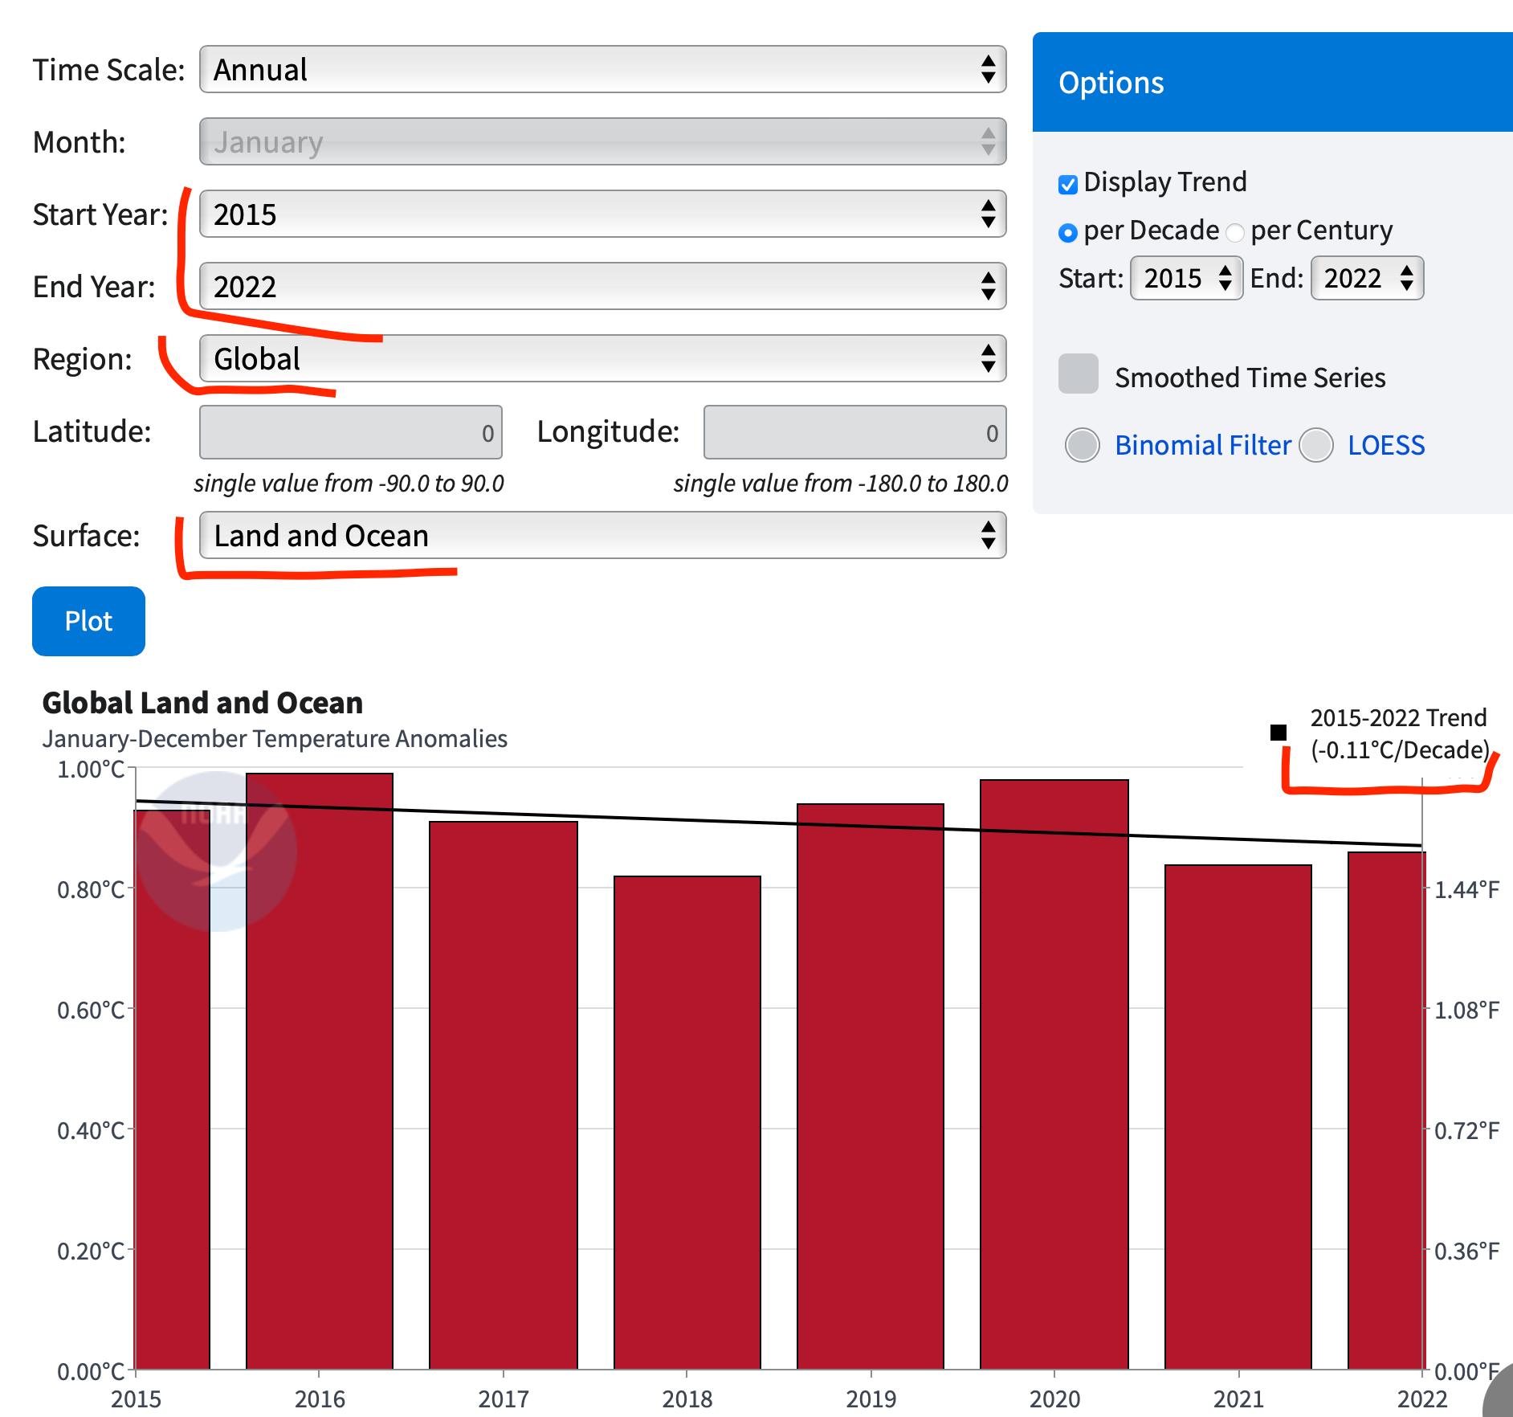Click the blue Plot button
(x=88, y=621)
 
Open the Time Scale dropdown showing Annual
(x=602, y=70)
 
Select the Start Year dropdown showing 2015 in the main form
(x=602, y=214)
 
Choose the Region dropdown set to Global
(x=602, y=358)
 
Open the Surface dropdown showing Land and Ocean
(x=602, y=536)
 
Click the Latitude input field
(x=351, y=433)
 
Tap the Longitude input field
(x=854, y=433)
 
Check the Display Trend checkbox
(x=1068, y=185)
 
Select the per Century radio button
(x=1235, y=233)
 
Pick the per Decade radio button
(x=1068, y=233)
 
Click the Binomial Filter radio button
(x=1082, y=445)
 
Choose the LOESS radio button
(x=1316, y=445)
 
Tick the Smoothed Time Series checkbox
(x=1079, y=374)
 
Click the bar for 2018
(x=687, y=1125)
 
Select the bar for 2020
(x=1054, y=1076)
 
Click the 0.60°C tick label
(x=91, y=1010)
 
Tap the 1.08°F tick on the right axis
(x=1466, y=1010)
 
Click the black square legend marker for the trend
(x=1279, y=733)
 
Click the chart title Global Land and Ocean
(x=202, y=703)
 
